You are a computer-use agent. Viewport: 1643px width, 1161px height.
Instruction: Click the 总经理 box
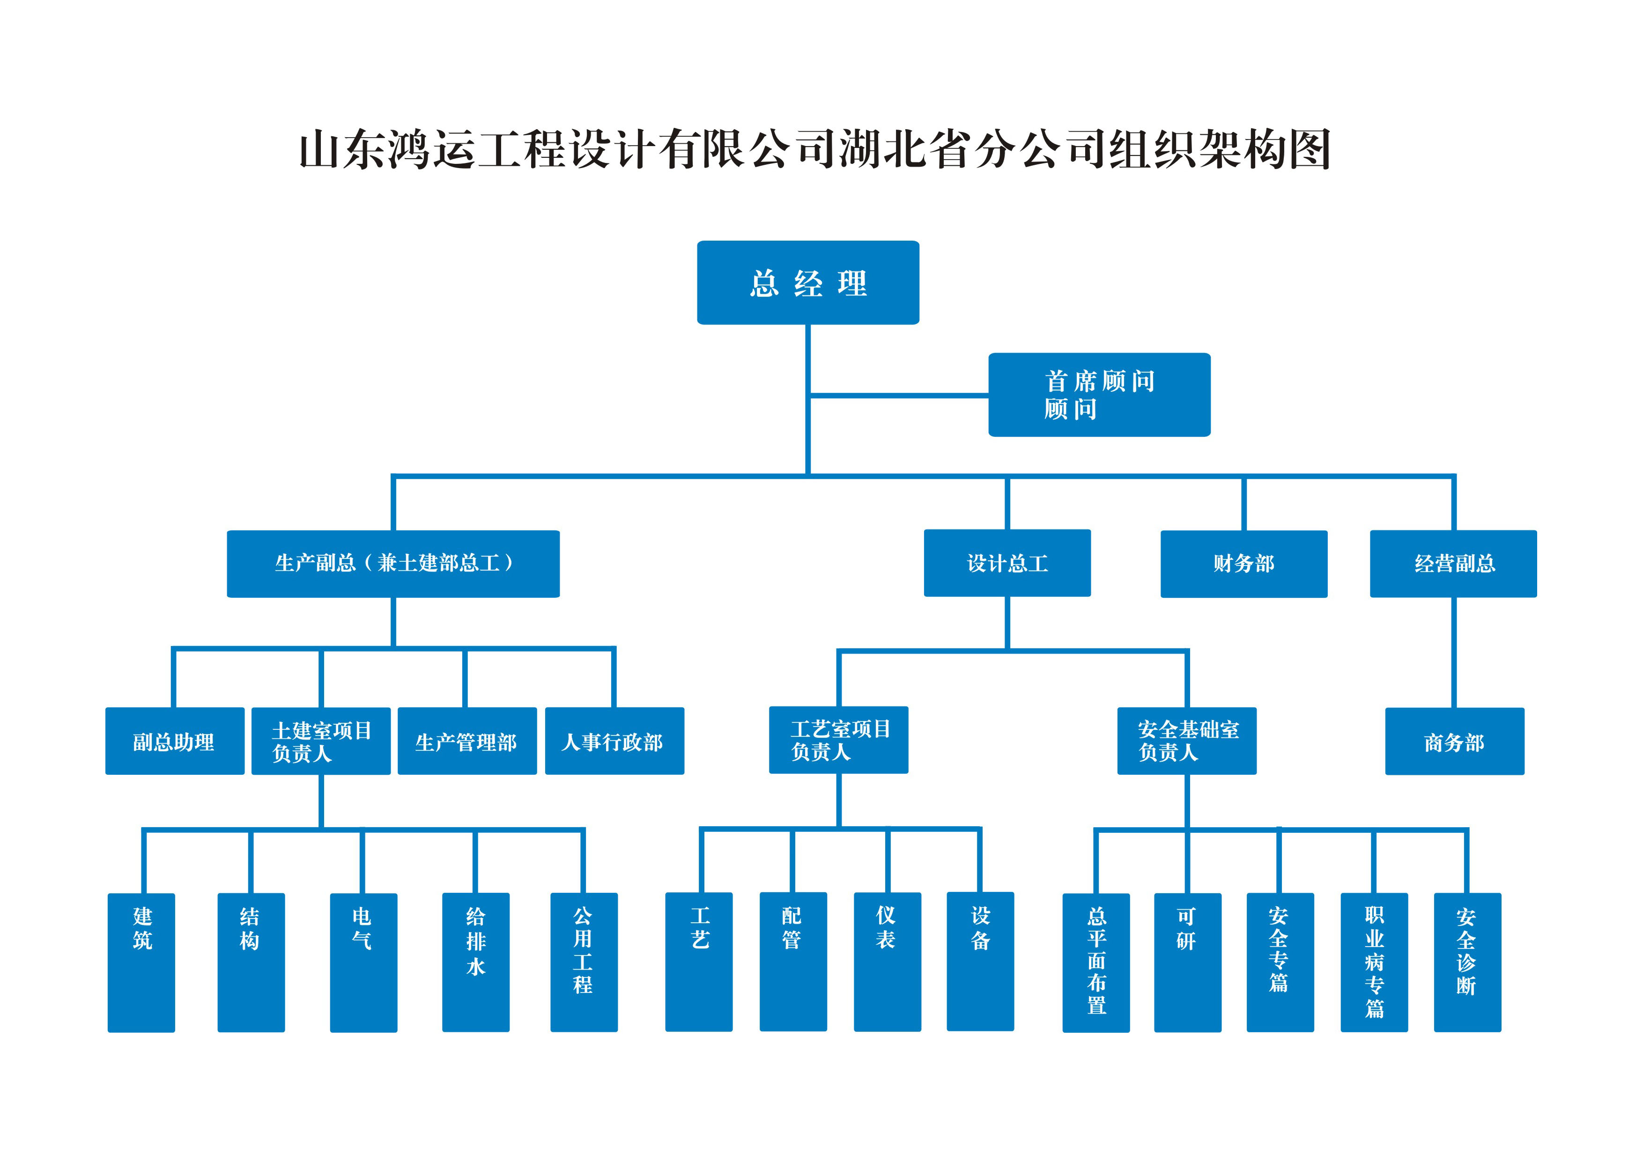(808, 283)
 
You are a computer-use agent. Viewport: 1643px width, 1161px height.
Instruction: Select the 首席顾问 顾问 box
(1099, 395)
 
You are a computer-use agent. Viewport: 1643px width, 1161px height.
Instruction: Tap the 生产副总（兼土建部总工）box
(393, 564)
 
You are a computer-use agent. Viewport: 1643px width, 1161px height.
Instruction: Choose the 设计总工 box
(1007, 563)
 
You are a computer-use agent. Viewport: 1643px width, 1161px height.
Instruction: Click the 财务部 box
(1243, 564)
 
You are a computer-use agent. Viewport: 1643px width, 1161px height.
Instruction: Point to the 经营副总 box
(1453, 564)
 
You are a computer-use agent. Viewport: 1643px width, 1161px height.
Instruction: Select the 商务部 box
(1454, 742)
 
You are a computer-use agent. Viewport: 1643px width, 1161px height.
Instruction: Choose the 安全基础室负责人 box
(1186, 741)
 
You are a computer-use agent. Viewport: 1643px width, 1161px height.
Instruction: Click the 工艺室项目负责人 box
(838, 741)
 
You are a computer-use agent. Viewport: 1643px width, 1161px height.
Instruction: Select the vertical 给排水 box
(475, 962)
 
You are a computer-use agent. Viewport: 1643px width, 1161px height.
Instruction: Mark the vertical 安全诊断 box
(1467, 962)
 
